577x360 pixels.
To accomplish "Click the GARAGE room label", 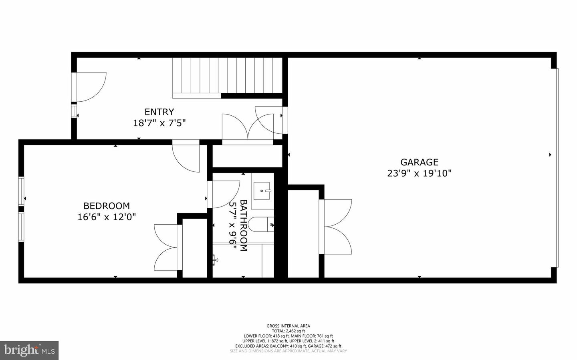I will coord(419,162).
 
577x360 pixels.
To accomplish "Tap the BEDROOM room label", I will coord(106,206).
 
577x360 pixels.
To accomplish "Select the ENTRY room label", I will coord(159,112).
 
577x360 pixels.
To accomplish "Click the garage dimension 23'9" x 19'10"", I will coord(419,173).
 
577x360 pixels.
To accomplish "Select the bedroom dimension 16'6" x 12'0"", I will coord(107,217).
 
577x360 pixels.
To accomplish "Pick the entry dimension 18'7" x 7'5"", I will coord(159,123).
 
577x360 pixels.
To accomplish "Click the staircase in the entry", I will coord(228,76).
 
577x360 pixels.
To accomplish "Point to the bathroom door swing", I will coord(222,194).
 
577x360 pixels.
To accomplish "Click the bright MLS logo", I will coord(29,350).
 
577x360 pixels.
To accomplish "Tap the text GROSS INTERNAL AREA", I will coord(288,326).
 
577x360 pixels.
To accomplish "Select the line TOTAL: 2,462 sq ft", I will coord(288,331).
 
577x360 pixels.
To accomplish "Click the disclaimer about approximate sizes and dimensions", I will coord(288,351).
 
